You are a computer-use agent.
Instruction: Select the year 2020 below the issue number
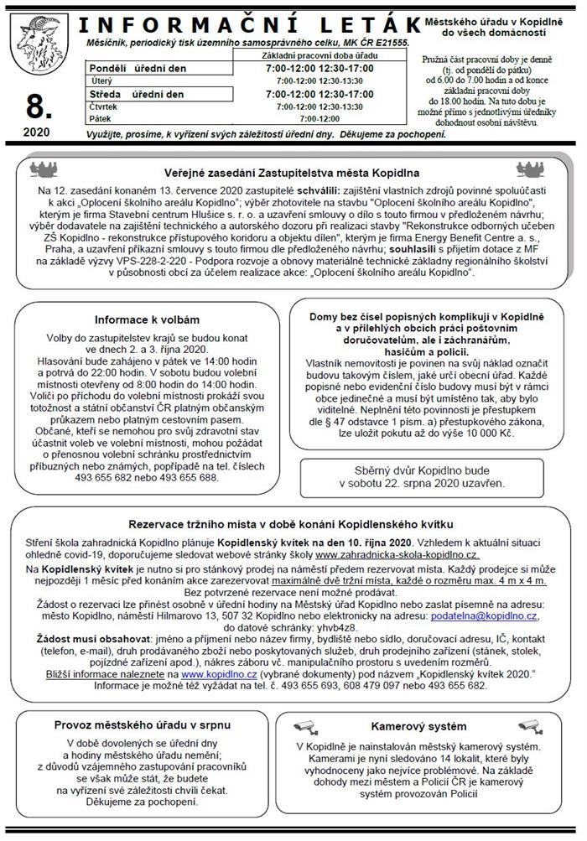[36, 132]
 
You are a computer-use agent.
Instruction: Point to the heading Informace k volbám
[147, 319]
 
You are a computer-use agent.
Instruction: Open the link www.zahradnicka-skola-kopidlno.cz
[397, 555]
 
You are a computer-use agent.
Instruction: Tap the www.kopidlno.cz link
[205, 672]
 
